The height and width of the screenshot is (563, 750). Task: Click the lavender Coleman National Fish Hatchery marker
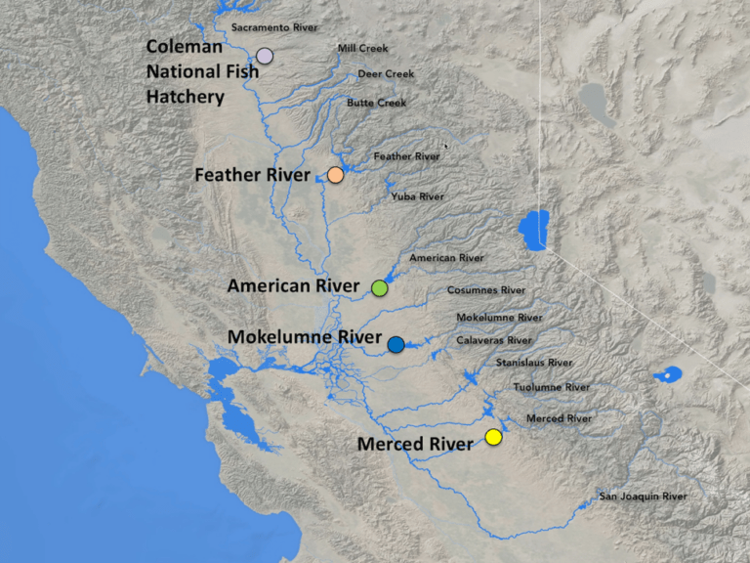click(264, 56)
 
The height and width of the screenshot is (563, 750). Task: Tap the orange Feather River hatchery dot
click(335, 175)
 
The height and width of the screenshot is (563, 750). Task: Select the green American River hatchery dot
click(380, 287)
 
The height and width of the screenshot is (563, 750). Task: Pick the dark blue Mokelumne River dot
click(396, 344)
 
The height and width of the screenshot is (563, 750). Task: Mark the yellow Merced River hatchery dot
click(493, 437)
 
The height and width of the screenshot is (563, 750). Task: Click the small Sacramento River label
click(274, 28)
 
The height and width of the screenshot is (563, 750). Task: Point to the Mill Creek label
click(362, 48)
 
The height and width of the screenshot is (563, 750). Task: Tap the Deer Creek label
click(385, 73)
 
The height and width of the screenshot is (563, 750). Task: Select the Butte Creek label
click(376, 103)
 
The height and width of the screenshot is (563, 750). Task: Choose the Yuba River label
click(417, 196)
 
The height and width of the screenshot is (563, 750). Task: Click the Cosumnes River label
click(485, 290)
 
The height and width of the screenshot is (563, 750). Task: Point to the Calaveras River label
click(493, 340)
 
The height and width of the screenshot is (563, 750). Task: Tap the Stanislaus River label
click(533, 363)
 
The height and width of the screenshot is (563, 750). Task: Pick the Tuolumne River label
click(551, 387)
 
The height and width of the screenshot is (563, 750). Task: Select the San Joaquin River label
click(643, 497)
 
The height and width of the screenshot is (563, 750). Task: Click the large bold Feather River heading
click(252, 176)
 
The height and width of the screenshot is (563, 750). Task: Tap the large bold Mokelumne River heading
click(304, 337)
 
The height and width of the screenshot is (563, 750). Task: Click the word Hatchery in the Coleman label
click(186, 98)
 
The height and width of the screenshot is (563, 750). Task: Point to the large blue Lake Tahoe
click(532, 231)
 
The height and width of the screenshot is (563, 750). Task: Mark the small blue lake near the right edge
click(671, 375)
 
